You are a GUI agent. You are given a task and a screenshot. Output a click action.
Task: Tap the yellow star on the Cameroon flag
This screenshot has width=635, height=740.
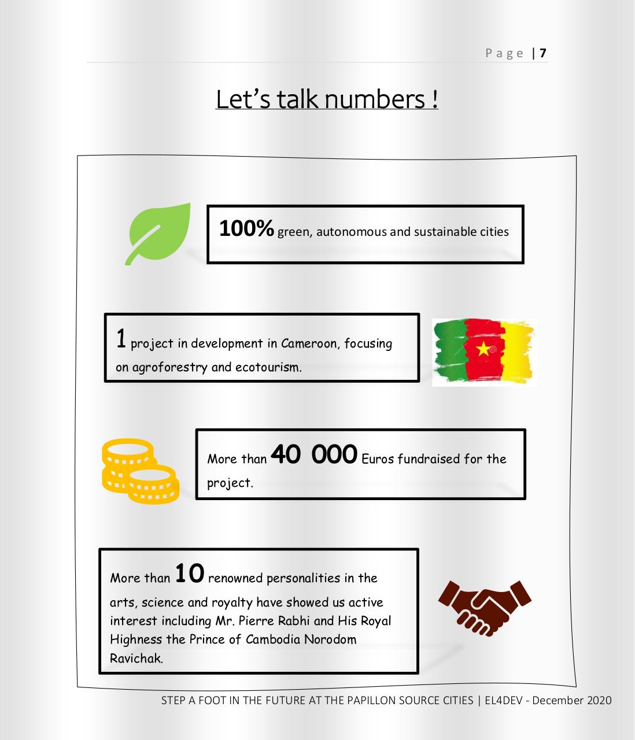click(483, 348)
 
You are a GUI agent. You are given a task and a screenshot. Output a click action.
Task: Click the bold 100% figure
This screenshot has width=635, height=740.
click(246, 229)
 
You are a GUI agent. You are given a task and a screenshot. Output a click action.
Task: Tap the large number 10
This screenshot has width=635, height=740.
click(189, 573)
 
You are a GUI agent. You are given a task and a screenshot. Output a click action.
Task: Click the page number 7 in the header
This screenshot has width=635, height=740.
click(542, 53)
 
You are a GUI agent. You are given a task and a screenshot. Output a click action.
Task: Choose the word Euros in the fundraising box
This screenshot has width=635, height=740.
click(378, 459)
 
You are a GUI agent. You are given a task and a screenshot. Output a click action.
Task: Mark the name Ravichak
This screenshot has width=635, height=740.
click(136, 658)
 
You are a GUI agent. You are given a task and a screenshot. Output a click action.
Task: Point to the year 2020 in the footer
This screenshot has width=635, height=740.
click(599, 700)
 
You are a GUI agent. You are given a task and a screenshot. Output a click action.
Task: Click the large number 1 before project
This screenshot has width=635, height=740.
click(121, 339)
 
